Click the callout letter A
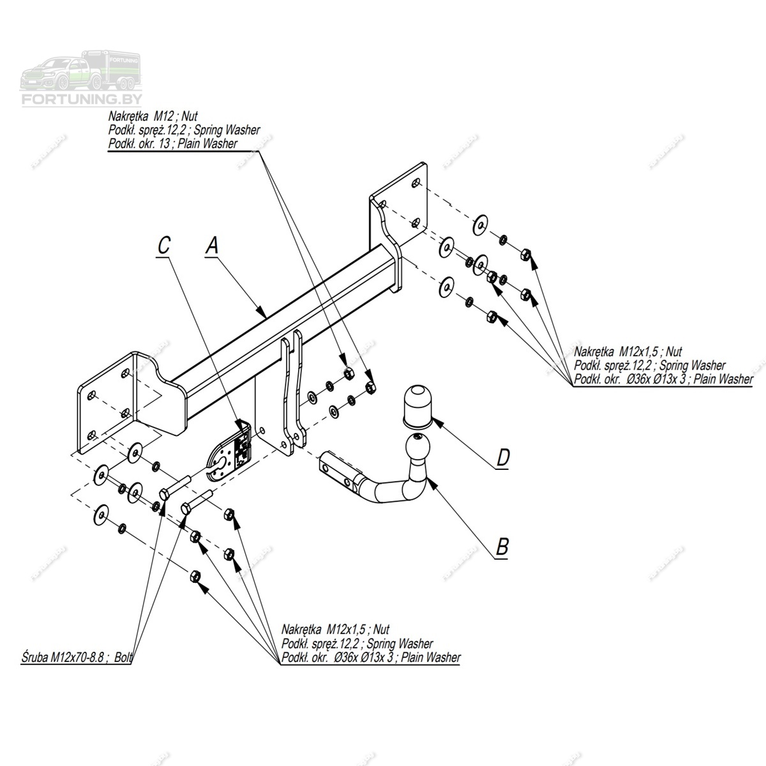(213, 245)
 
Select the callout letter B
(502, 546)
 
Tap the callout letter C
(164, 245)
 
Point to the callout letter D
(503, 457)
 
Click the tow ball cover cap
(417, 406)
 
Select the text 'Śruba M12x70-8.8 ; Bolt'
(75, 656)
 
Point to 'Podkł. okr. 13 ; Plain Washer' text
(173, 144)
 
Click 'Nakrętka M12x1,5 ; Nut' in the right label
(628, 352)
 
